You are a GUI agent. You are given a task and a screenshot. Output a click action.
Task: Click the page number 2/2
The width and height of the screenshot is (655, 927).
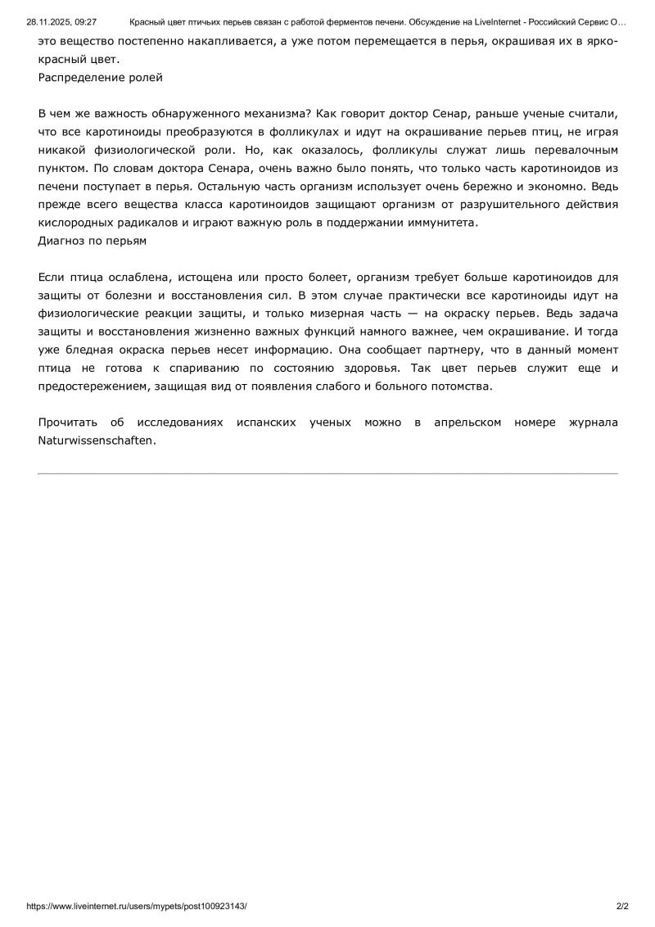(x=622, y=907)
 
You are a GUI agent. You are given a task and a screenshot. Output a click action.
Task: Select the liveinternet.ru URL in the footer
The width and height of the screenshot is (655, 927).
(x=137, y=907)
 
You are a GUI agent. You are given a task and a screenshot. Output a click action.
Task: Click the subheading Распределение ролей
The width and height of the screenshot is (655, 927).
(x=100, y=78)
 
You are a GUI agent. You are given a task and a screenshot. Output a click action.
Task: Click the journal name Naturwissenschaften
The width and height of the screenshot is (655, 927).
(x=96, y=440)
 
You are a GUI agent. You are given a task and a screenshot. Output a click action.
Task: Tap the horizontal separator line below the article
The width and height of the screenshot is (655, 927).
(x=327, y=473)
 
